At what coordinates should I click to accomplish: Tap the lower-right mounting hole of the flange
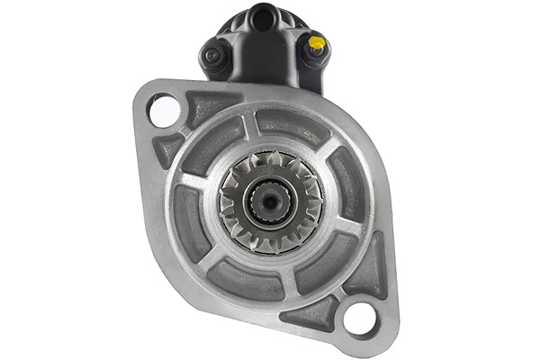pos(361,317)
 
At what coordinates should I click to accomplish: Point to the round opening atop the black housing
pos(262,15)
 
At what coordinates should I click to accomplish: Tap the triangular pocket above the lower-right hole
pos(370,270)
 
